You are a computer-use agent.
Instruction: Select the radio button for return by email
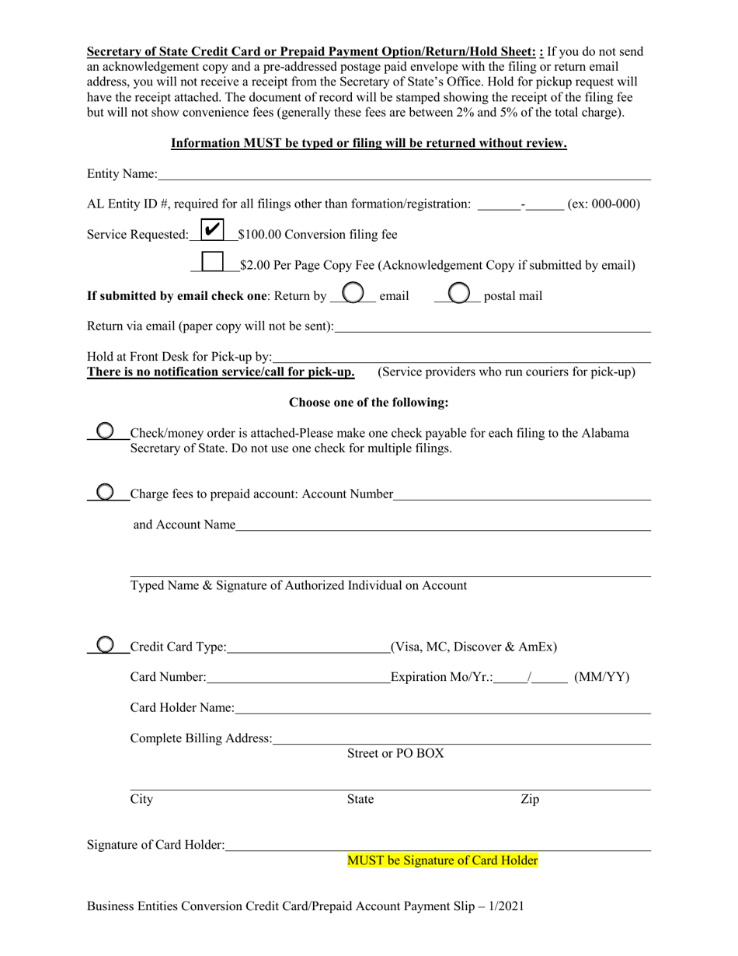[353, 292]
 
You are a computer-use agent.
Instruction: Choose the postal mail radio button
[459, 292]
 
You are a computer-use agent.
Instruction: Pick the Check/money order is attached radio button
[105, 431]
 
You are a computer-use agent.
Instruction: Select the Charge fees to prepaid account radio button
[105, 492]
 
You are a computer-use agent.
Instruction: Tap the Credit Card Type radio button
[105, 644]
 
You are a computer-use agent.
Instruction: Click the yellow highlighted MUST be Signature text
[442, 860]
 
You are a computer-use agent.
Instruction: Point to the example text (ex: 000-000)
[604, 204]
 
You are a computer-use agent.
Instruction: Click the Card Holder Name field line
[442, 709]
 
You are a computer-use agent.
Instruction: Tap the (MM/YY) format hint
[601, 677]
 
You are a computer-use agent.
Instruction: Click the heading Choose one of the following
[368, 403]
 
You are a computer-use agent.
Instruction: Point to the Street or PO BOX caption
[395, 753]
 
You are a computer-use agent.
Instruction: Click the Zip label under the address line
[529, 799]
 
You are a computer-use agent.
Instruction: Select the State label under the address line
[360, 799]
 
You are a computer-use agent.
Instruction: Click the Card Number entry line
[298, 679]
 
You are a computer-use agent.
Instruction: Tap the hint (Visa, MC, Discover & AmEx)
[474, 647]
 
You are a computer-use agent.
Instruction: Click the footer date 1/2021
[507, 905]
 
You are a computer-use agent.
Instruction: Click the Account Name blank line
[442, 526]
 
